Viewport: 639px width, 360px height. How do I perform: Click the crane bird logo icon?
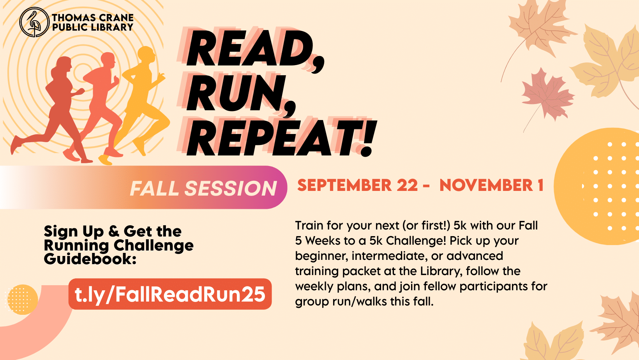tap(34, 23)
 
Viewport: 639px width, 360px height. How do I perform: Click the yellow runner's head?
tap(147, 55)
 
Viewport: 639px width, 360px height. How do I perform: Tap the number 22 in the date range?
tap(407, 185)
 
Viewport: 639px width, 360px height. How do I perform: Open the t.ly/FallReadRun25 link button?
tap(170, 294)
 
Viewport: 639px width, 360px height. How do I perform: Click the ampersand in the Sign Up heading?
tap(113, 231)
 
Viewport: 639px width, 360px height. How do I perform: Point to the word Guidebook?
tap(90, 259)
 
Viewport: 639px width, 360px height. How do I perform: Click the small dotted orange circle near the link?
tap(22, 299)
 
